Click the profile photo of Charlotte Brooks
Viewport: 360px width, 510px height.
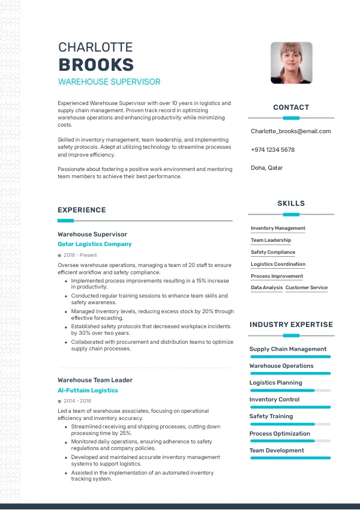[291, 62]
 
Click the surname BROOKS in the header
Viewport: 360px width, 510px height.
[96, 65]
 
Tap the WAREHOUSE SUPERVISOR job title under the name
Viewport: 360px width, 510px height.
[109, 82]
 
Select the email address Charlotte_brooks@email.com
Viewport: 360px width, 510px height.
[290, 131]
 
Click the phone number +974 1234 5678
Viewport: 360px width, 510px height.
[272, 149]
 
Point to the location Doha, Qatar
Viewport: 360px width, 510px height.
[266, 168]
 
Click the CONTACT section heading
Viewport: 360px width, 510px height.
[291, 107]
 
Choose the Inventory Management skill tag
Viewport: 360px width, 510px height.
[278, 228]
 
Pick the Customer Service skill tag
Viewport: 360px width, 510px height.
[307, 287]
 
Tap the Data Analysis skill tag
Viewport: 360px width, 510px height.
[266, 287]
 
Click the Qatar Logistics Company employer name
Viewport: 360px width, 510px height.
[94, 244]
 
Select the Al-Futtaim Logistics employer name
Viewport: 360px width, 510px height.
[88, 390]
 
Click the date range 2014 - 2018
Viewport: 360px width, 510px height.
[77, 401]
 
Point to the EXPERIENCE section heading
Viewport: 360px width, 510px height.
[82, 210]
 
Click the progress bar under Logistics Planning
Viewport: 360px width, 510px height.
[290, 390]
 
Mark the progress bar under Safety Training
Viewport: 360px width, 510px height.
[290, 424]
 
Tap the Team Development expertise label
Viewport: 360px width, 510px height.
[277, 450]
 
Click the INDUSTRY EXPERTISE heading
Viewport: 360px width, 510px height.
[291, 325]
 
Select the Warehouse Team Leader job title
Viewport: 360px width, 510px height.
[95, 380]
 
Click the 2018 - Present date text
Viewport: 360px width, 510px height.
[80, 255]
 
